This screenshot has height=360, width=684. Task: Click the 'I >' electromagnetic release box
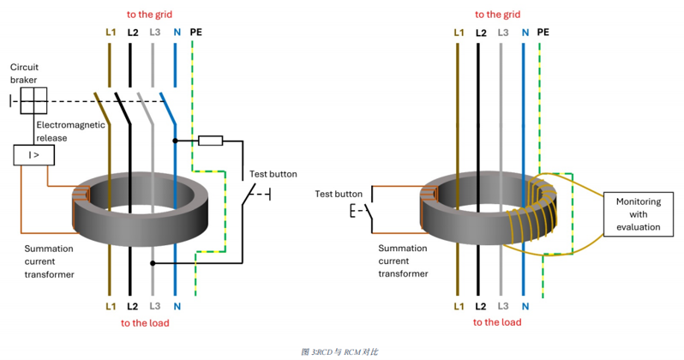point(33,155)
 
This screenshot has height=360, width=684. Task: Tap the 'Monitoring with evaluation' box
point(639,215)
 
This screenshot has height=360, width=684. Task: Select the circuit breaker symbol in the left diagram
point(33,100)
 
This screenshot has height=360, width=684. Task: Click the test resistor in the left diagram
point(210,141)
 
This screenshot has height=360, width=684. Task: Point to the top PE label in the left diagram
point(196,33)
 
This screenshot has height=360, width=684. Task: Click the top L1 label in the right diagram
point(459,33)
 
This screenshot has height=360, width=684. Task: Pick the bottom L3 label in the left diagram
point(154,306)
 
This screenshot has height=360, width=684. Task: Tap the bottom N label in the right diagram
point(524,306)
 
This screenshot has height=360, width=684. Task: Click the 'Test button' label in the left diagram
point(272,174)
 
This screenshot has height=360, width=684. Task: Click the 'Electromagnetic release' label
point(70,129)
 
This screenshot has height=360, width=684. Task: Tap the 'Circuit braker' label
point(25,73)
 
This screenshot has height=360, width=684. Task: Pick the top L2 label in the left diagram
point(133,33)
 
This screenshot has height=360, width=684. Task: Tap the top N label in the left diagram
point(175,33)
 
